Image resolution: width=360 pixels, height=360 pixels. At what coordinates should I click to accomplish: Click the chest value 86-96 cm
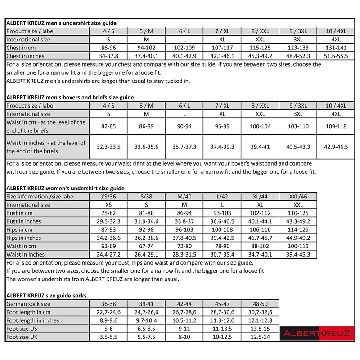coord(109,48)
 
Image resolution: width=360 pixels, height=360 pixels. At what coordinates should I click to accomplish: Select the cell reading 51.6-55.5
coord(336,56)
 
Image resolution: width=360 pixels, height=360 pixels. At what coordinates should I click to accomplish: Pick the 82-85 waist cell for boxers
coord(109,126)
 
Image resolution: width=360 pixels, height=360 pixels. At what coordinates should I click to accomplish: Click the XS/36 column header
coord(109,196)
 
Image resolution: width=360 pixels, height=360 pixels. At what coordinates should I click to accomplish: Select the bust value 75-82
coord(109,213)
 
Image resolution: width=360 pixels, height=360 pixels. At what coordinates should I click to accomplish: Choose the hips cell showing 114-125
coord(297,229)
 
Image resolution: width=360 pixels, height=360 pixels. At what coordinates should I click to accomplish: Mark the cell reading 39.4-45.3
coord(297,254)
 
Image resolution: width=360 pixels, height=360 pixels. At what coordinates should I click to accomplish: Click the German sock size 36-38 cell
coord(109,304)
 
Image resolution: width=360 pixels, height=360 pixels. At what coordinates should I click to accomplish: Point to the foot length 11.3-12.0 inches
coord(222,320)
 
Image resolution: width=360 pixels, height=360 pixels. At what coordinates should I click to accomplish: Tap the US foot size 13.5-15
coord(260,329)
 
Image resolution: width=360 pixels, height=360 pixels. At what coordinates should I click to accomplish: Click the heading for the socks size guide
coord(46,295)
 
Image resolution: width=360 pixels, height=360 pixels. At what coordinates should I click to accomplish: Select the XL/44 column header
coord(260,196)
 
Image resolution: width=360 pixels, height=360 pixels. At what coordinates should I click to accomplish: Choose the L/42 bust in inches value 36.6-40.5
coord(222,221)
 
